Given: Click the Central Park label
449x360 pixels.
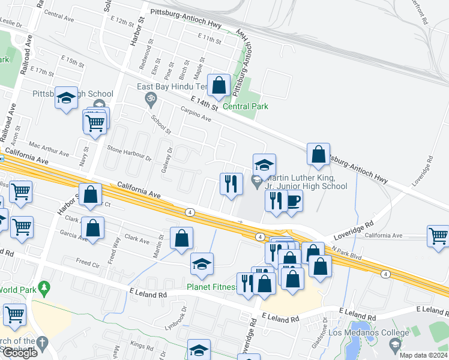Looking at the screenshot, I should point(245,106).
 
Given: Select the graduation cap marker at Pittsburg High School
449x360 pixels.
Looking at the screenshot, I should point(66,98).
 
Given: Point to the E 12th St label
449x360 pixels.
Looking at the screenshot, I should point(123,22).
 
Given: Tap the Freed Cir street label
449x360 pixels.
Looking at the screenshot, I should point(88,262).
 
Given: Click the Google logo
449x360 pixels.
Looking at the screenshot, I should point(20,353).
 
